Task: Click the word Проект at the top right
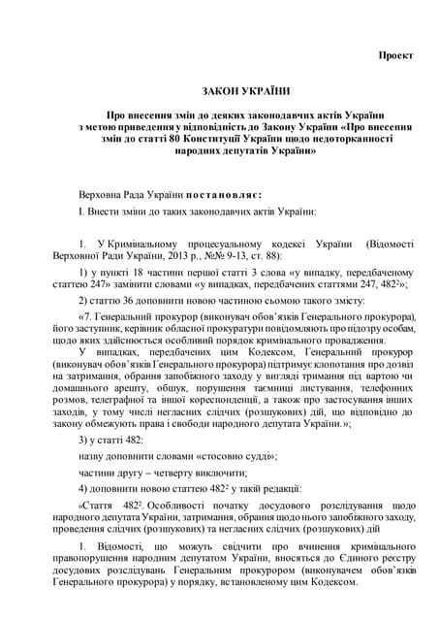(x=395, y=54)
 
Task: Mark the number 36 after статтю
(x=132, y=301)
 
